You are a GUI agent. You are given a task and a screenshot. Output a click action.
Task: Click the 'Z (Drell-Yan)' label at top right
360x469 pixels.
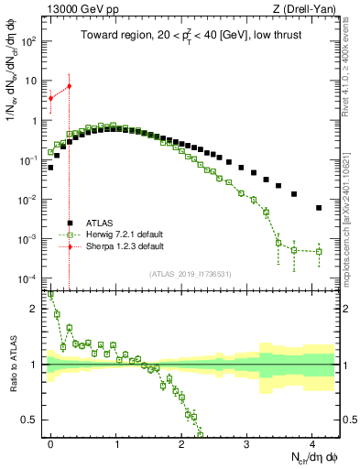tap(306, 9)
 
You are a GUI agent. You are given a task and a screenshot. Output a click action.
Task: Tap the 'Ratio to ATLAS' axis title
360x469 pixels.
tap(12, 365)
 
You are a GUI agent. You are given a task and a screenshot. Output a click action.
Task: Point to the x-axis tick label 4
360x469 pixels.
tap(312, 442)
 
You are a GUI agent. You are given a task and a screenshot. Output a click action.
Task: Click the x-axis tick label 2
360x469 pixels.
tap(181, 442)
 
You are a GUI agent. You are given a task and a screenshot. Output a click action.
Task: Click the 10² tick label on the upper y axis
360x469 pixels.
tap(31, 41)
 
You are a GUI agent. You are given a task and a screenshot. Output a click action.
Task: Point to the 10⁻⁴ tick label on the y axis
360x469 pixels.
tap(31, 278)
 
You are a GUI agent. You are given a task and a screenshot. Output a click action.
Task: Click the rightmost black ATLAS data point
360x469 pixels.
tap(319, 208)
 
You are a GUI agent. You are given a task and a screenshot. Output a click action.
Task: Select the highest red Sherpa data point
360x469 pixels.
tap(70, 86)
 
